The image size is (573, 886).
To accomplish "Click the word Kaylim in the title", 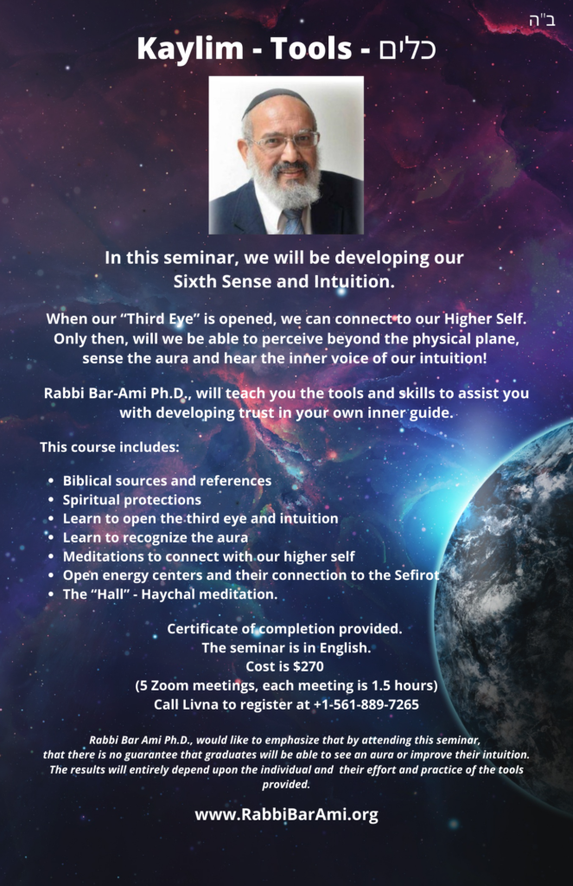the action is pyautogui.click(x=189, y=49).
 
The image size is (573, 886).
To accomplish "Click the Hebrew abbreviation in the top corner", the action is pyautogui.click(x=542, y=21).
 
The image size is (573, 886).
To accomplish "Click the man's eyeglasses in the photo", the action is pyautogui.click(x=286, y=140).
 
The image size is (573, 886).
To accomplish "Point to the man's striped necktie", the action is pyautogui.click(x=294, y=221).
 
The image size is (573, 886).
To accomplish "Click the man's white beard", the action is pyautogui.click(x=286, y=182).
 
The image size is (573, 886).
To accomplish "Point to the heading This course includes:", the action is pyautogui.click(x=110, y=447).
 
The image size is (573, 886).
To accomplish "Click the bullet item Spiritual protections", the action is pyautogui.click(x=132, y=499).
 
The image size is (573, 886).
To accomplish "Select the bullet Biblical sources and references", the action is pyautogui.click(x=167, y=481).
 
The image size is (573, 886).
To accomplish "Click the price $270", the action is pyautogui.click(x=309, y=667).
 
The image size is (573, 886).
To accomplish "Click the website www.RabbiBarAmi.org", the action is pyautogui.click(x=286, y=814).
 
